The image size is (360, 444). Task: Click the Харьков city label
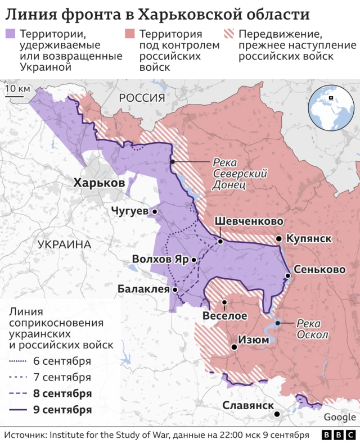[99, 183]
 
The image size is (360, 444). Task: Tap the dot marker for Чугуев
[154, 211]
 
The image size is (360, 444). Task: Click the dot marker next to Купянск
[278, 239]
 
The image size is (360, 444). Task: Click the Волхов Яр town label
[160, 260]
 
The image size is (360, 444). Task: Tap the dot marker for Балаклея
[175, 290]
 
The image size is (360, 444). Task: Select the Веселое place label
[224, 316]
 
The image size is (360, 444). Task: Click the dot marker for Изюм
[234, 347]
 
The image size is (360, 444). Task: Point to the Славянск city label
[248, 405]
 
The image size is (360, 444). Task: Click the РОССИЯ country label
[142, 98]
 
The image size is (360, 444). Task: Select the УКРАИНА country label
[65, 244]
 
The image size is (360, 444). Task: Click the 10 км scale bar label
[17, 88]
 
